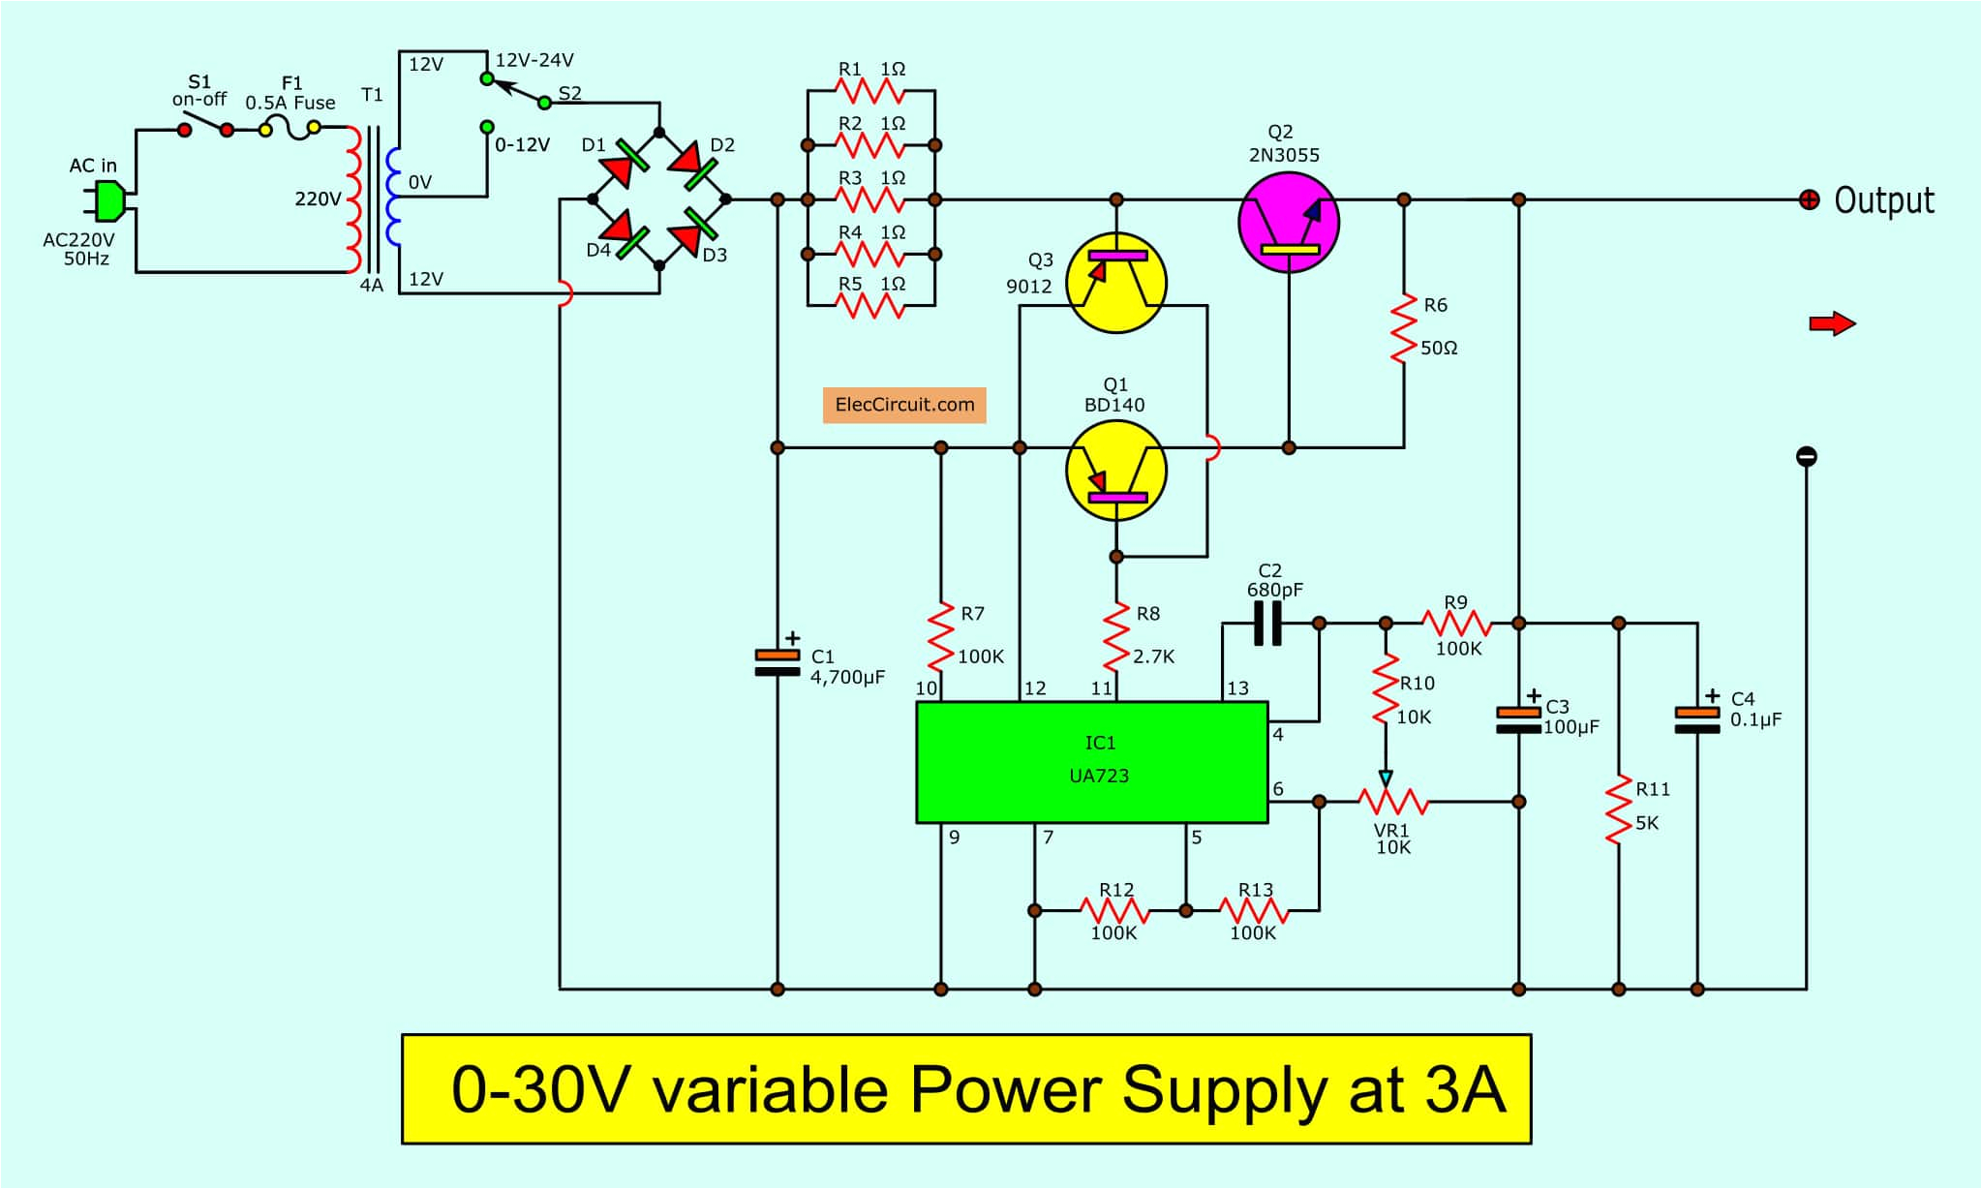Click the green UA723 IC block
click(x=1091, y=762)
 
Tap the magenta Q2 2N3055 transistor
click(x=1288, y=222)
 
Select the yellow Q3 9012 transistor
click(x=1115, y=283)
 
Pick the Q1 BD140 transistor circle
click(x=1115, y=472)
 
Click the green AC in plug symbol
click(x=107, y=201)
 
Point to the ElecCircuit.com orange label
click(x=904, y=405)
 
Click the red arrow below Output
click(x=1831, y=323)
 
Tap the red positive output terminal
click(x=1808, y=200)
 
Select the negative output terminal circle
click(x=1806, y=456)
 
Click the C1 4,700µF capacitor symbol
click(x=777, y=662)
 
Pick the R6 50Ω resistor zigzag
click(x=1403, y=329)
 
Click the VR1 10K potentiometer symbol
click(x=1392, y=801)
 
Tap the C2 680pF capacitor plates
click(x=1267, y=623)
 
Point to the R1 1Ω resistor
click(x=869, y=91)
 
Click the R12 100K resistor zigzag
click(x=1114, y=910)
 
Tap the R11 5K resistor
click(x=1618, y=809)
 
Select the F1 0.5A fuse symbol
click(x=290, y=129)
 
